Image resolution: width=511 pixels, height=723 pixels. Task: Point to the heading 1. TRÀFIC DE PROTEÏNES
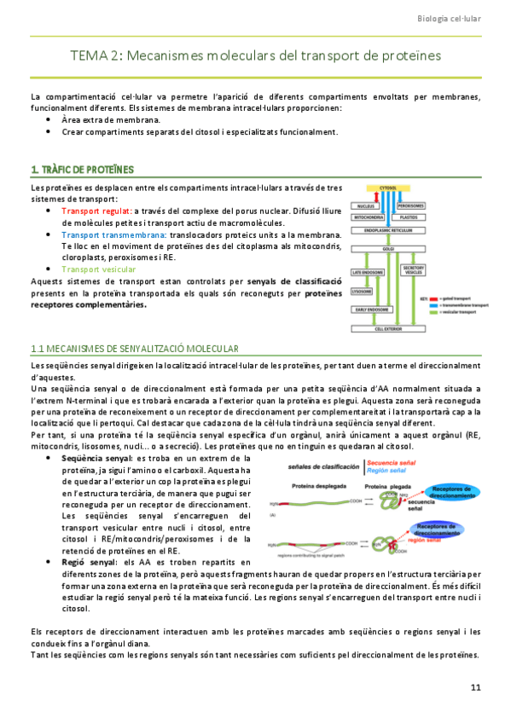[x=81, y=169]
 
